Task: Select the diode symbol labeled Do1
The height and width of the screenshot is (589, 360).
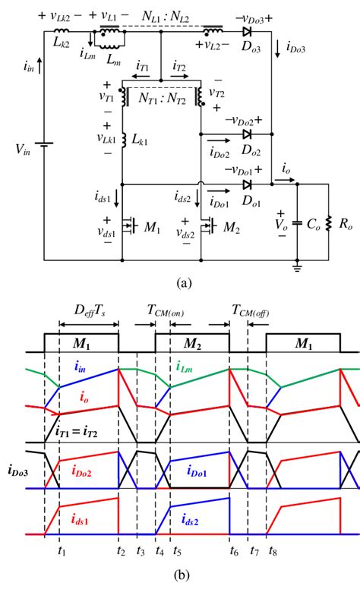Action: pos(248,184)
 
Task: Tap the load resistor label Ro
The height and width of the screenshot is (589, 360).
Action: pos(345,225)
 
